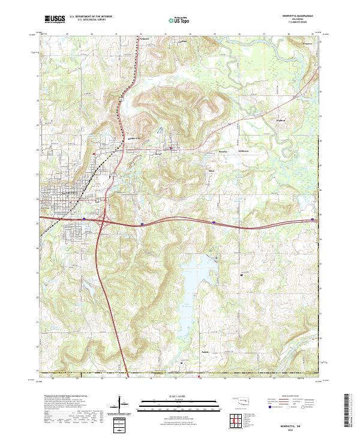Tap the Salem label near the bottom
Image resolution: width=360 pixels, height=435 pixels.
pos(205,352)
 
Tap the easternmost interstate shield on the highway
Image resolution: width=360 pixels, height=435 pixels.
pos(313,220)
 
